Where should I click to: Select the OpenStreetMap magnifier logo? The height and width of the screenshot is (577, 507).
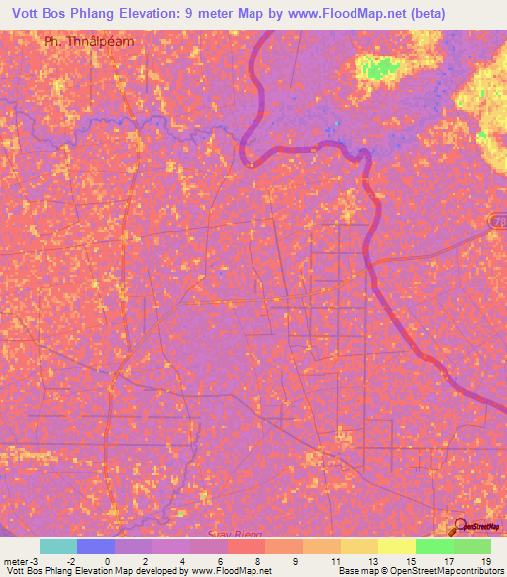(461, 527)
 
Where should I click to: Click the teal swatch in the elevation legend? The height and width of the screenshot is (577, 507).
(57, 546)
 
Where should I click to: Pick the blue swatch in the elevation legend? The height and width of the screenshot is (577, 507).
(96, 546)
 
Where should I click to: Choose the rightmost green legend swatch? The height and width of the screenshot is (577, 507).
(471, 546)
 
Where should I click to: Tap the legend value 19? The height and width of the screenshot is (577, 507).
(486, 560)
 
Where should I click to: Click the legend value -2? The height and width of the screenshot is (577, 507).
(68, 560)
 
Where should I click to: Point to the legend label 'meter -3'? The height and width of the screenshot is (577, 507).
(22, 560)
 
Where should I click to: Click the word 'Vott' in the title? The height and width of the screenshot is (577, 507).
(28, 13)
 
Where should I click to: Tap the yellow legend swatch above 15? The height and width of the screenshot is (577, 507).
(396, 546)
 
